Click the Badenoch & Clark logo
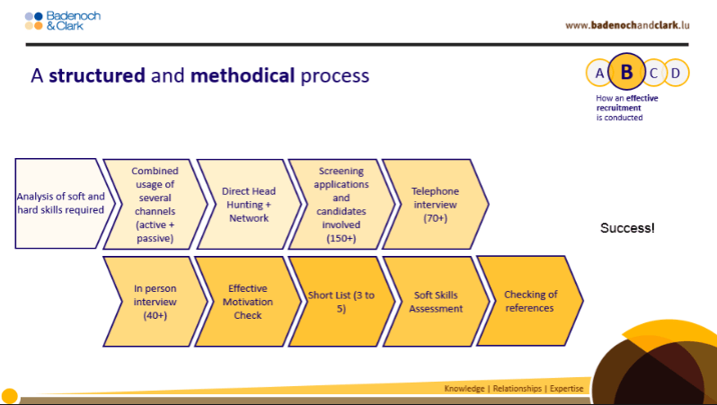point(63,21)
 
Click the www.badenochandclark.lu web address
point(627,25)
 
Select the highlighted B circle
point(626,72)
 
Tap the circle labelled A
point(598,73)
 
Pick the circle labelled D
point(677,73)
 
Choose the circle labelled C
point(654,73)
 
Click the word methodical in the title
point(243,75)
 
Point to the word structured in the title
point(97,75)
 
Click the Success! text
point(627,227)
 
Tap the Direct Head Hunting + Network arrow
point(249,205)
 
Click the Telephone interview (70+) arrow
point(435,205)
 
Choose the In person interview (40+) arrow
point(155,302)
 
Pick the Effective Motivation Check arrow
point(248,302)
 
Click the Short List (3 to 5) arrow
point(341,302)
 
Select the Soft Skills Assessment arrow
point(437,302)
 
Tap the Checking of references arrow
point(530,301)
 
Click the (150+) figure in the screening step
point(341,238)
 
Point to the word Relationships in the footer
point(518,389)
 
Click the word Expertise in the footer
point(567,389)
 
